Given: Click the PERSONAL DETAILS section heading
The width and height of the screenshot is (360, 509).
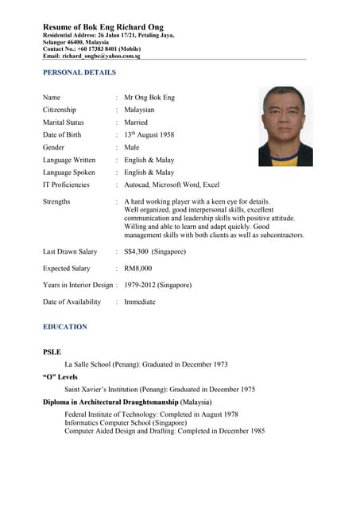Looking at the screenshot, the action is [79, 72].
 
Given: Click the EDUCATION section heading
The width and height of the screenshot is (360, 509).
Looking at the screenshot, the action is [65, 327].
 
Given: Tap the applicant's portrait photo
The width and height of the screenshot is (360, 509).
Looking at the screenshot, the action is [286, 126].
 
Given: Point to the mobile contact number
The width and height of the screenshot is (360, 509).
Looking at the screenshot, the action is [106, 49].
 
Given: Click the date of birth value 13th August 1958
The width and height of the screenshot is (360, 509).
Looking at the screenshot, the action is [149, 134].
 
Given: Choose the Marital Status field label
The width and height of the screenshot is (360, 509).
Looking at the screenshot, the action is [63, 122].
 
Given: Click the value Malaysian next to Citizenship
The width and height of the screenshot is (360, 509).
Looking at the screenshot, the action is [139, 110].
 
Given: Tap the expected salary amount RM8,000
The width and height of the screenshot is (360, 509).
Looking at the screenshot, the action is [138, 269].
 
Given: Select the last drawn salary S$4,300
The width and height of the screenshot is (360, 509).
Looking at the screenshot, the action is [155, 251].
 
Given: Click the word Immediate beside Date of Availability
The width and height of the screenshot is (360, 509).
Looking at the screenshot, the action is [140, 302].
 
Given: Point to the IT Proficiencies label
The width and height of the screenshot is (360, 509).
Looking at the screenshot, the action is [66, 185].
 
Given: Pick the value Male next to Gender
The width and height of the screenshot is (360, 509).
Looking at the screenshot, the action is [132, 147].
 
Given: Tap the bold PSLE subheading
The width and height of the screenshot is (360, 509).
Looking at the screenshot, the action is [52, 352].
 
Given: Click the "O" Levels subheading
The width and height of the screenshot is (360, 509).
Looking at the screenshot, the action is [60, 377].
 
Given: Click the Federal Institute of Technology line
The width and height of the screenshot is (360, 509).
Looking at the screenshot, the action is [151, 415].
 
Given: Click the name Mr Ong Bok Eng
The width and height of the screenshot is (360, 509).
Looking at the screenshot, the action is [149, 97].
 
